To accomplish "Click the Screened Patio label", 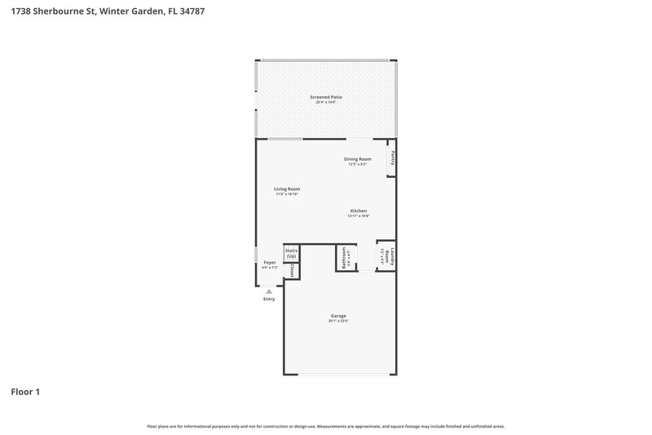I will pos(326,97).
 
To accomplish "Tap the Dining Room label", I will pos(358,158).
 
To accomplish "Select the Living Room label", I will pos(287,189).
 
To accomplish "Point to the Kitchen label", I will pos(359,211).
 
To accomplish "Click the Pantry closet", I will pos(392,158).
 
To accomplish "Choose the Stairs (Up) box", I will pos(291,254).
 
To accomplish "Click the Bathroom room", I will pos(344,258).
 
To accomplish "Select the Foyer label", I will pos(270,262).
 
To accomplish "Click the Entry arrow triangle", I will pos(269,291).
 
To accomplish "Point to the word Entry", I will pos(269,299).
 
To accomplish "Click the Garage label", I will pos(338,316).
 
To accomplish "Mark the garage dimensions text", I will pos(338,321).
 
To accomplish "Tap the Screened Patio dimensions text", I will pos(326,102).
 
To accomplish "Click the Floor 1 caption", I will pos(25,392).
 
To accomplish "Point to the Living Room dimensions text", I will pos(287,194).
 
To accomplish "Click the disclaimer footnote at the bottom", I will pos(326,426).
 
